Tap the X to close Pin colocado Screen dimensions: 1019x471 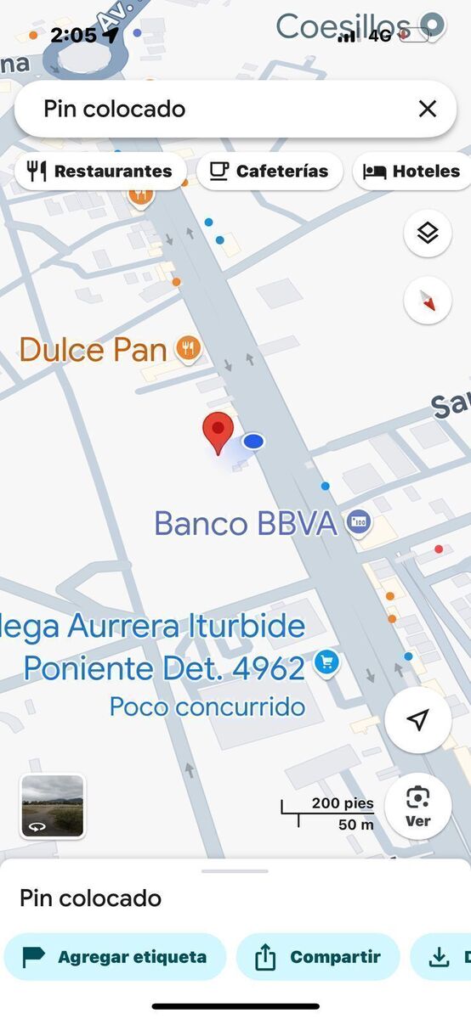coord(427,109)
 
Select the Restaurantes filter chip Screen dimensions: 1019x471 coord(100,172)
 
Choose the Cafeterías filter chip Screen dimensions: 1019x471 coord(270,172)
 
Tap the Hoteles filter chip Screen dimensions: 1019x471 coord(413,172)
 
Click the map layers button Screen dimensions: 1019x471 coord(427,232)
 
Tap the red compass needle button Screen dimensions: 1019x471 coord(427,301)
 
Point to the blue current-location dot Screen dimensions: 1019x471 coord(253,442)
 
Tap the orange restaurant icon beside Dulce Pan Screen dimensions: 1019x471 coord(188,348)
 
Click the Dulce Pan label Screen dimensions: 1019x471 coord(93,349)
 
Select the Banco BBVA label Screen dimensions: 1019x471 coord(246,523)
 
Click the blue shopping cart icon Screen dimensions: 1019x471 coord(326,662)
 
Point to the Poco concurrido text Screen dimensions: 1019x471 coord(207,707)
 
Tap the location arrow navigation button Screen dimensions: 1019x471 coord(417,721)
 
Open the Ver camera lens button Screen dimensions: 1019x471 coord(417,806)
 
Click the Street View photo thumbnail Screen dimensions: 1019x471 coord(53,806)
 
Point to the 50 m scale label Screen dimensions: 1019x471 coord(356,824)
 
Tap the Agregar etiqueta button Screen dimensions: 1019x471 coord(115,957)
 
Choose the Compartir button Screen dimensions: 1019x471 coord(317,957)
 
